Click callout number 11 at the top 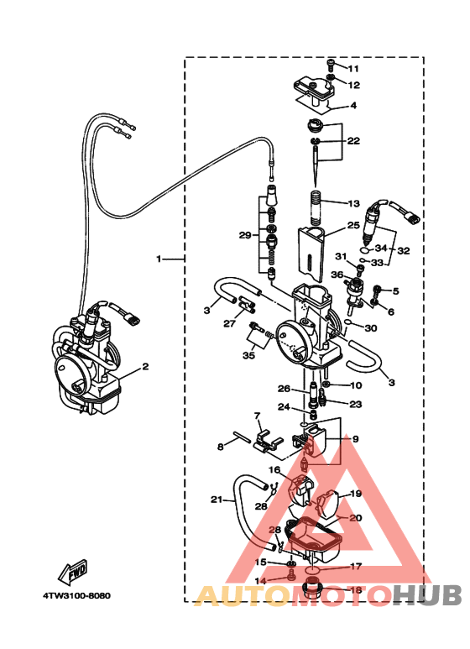[352, 69]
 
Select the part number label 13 [352, 203]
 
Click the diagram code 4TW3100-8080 [76, 596]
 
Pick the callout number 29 [244, 235]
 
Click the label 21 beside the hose [217, 500]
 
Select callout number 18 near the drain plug [355, 590]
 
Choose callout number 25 [353, 226]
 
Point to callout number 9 [354, 439]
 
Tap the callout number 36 [336, 275]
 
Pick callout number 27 [228, 323]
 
